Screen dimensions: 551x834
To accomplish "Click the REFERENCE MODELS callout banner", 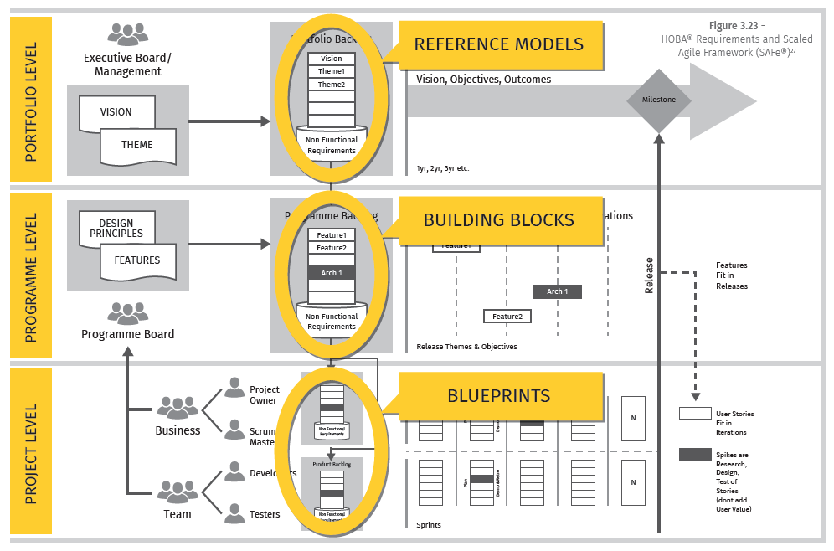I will click(499, 44).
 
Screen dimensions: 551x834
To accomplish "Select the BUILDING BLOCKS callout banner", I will click(499, 220).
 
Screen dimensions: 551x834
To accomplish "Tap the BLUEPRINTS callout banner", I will click(499, 395).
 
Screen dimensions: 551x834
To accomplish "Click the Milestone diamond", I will click(659, 100).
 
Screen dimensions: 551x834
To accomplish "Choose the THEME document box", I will click(137, 145).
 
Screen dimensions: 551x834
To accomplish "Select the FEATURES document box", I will click(137, 260).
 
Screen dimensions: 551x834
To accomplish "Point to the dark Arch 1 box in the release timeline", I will click(557, 291).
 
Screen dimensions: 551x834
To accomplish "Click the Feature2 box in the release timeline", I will click(507, 317).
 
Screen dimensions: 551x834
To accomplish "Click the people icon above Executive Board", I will click(127, 34).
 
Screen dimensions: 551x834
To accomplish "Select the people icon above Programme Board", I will click(127, 313).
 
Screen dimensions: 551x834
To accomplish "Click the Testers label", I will click(265, 515).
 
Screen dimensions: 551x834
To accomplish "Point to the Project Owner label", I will click(265, 395).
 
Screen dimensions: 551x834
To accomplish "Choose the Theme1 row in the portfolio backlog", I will click(332, 71).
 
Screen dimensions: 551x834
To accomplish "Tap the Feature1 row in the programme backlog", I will click(332, 235).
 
